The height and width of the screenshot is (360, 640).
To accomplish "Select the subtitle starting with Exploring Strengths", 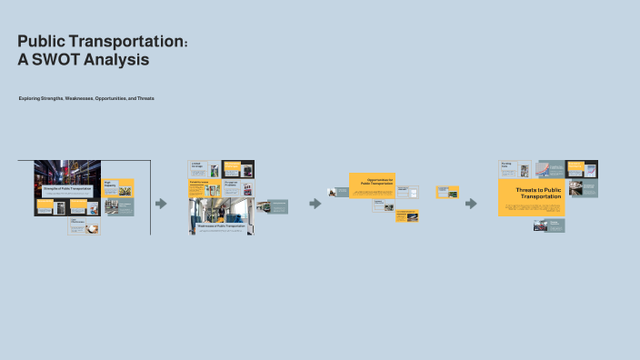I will tap(86, 98).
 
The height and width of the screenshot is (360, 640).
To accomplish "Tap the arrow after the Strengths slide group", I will tap(161, 204).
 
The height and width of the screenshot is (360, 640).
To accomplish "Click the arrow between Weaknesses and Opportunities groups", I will tap(315, 204).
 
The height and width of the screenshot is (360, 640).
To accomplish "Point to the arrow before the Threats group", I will tap(471, 204).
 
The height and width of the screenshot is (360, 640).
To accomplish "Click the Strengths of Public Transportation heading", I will tap(66, 188).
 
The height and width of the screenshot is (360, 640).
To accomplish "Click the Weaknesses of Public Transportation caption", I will tap(221, 225).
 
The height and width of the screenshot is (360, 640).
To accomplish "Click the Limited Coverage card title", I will tap(196, 165).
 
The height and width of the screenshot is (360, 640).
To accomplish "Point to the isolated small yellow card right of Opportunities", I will tap(448, 192).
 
